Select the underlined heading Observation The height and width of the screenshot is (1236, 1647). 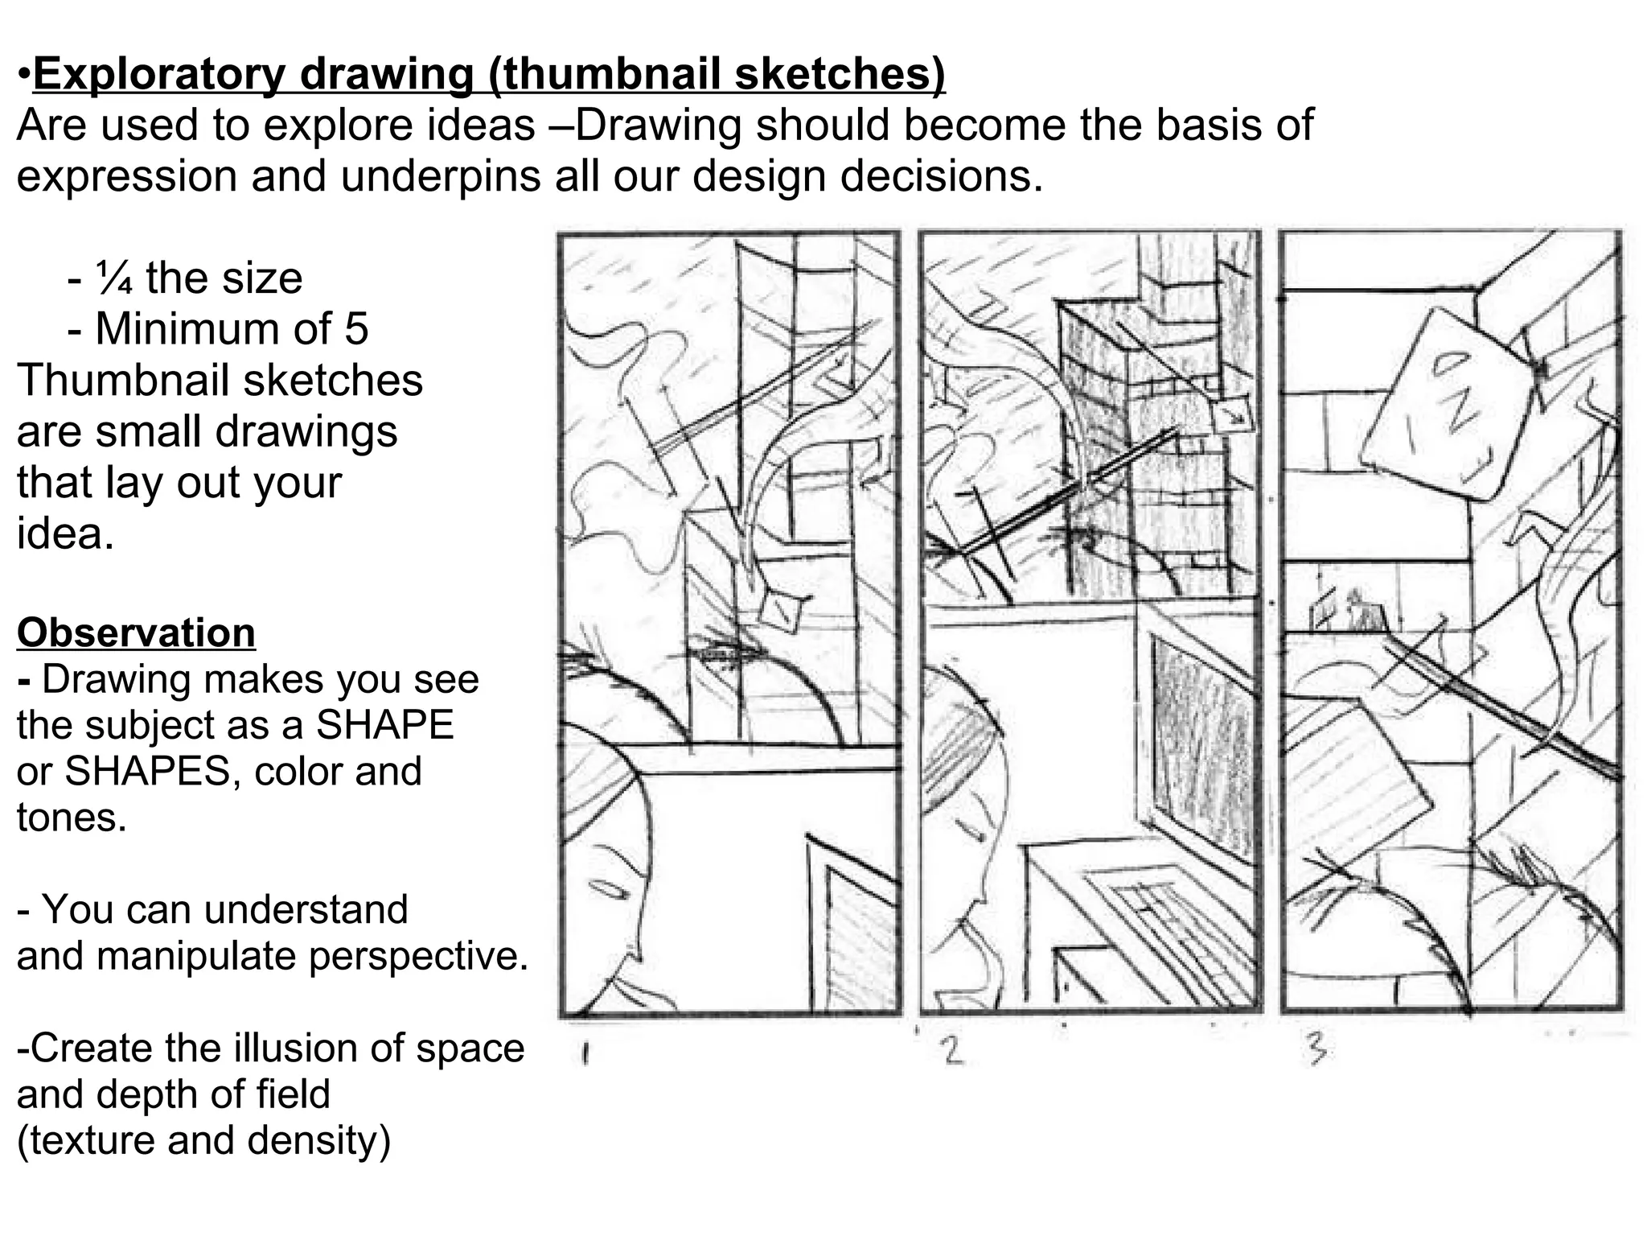point(136,632)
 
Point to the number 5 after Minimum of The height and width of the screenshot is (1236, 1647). point(355,329)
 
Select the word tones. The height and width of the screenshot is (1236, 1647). point(72,818)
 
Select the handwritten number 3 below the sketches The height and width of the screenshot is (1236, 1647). point(1316,1051)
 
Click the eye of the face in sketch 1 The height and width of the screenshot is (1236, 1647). point(610,891)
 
